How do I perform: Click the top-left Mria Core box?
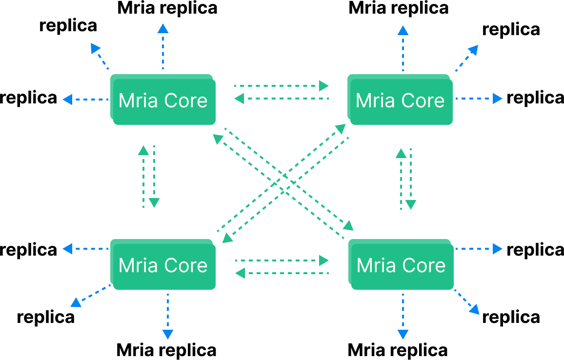(x=163, y=100)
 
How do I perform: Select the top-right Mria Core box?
(x=400, y=100)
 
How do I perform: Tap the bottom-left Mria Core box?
(x=163, y=265)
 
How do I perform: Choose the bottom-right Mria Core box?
(x=401, y=265)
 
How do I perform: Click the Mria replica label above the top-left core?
(x=167, y=8)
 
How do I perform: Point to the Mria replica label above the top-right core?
(x=399, y=8)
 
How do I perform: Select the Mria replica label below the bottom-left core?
(x=166, y=350)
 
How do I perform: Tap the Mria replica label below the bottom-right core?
(x=398, y=350)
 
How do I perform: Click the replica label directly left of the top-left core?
(x=29, y=98)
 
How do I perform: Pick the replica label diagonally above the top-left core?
(x=68, y=26)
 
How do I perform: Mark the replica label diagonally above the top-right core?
(x=511, y=29)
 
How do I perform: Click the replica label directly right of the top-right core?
(x=535, y=98)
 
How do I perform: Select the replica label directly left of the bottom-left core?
(x=29, y=250)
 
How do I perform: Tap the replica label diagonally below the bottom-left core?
(x=46, y=317)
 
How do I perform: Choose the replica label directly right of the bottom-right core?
(x=535, y=250)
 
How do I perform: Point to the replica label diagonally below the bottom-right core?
(x=511, y=317)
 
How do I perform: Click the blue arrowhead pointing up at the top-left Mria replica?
(x=163, y=28)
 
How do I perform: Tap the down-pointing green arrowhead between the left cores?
(x=154, y=202)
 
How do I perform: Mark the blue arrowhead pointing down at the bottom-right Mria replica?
(x=403, y=334)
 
